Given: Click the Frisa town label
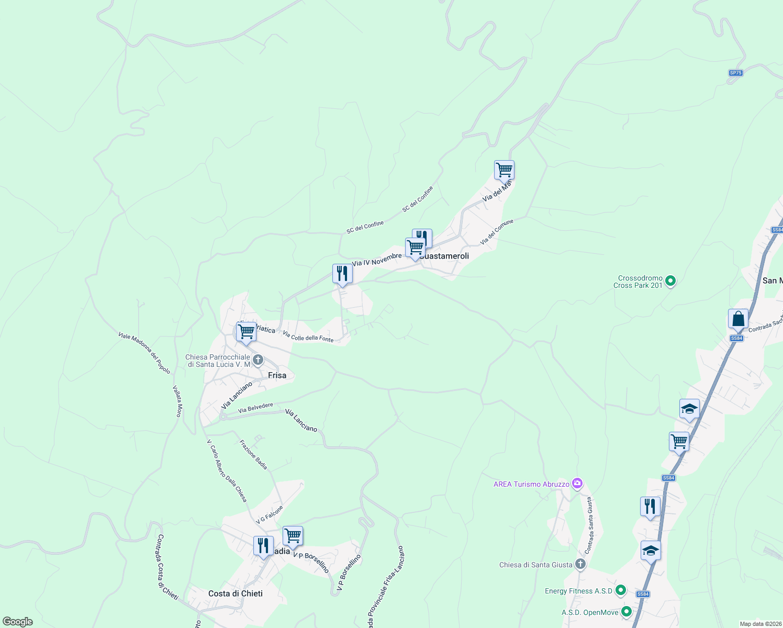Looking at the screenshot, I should pos(277,375).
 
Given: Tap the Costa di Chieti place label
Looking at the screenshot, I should pos(236,593).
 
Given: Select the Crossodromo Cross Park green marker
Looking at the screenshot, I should pos(670,282).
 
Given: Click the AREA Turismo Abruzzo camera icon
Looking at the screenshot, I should pos(577,484).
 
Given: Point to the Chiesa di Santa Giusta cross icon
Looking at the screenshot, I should pos(580,564).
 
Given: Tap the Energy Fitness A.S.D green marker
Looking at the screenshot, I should pos(621,590).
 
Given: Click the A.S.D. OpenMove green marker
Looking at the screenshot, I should pos(627,612).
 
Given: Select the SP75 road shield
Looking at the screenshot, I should pos(736,73).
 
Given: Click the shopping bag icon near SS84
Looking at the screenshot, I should pos(738,318).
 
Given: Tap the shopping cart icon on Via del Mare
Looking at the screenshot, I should pos(504,170).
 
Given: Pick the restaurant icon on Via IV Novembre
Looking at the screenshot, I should pos(342,273).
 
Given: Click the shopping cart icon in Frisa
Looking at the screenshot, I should pos(246,331).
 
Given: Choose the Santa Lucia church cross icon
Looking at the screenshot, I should pos(258,360).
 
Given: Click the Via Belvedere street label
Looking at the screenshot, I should pos(255,408).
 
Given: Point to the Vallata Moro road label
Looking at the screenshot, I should pos(178,401).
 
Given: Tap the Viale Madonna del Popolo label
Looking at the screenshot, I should pos(144,353).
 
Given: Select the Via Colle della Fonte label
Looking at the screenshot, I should pos(308,336).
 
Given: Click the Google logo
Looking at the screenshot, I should pos(18,621).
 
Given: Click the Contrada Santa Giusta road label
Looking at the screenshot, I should pos(589,526).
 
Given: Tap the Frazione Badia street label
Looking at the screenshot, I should pos(253,454).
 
